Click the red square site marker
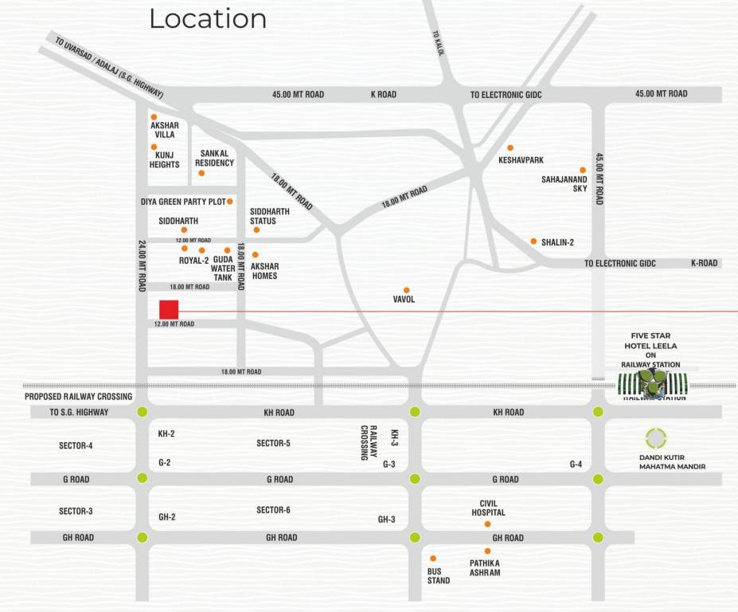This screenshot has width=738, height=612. tap(168, 309)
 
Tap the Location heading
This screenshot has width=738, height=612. tap(208, 18)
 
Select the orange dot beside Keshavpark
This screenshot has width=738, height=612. tap(510, 147)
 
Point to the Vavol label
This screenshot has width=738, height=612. tap(404, 300)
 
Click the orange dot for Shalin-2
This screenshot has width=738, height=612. tap(533, 241)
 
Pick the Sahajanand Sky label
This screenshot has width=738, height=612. tap(564, 184)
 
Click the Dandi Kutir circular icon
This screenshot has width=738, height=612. tap(656, 437)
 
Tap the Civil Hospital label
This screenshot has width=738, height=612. tap(487, 508)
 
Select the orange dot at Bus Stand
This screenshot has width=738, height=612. tap(433, 558)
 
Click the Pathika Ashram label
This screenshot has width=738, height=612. tap(485, 567)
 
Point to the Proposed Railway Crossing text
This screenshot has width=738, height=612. tap(78, 396)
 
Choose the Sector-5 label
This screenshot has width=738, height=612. tap(273, 443)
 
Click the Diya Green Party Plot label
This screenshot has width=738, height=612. tap(183, 202)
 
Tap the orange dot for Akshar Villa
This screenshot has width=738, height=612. tap(154, 116)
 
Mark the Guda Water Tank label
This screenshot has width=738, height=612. tap(223, 269)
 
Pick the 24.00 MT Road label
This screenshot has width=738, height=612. tap(142, 265)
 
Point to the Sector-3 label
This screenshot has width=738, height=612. tap(76, 511)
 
